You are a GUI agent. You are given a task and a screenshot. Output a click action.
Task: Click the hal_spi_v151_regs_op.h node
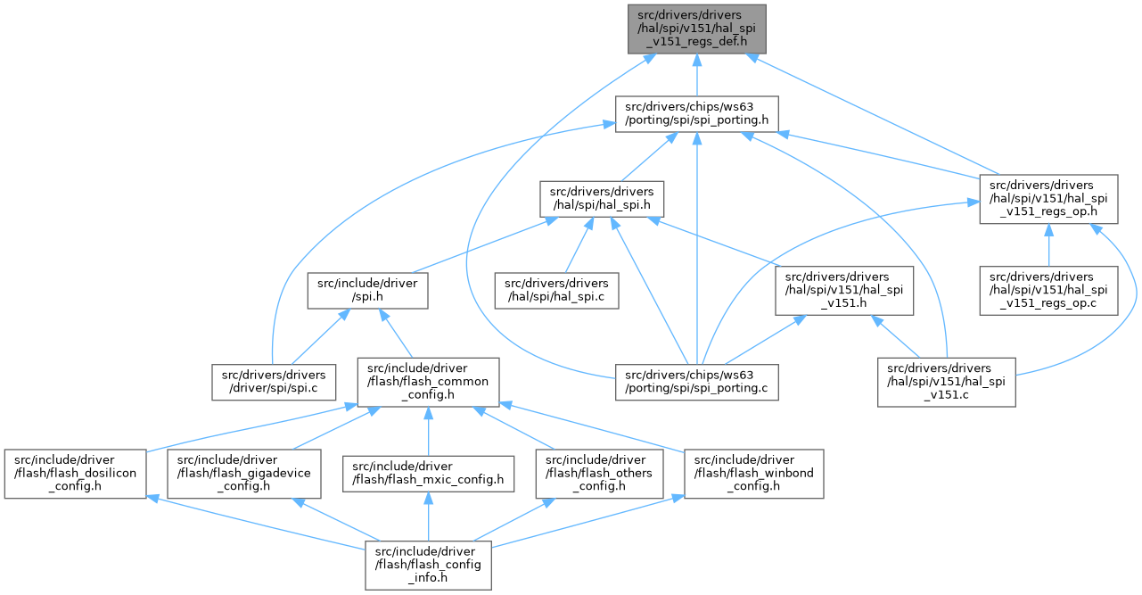tap(1048, 199)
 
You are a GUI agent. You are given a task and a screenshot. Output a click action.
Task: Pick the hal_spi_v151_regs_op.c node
tap(1048, 289)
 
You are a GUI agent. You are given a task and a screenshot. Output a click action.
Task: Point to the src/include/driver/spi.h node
tap(367, 289)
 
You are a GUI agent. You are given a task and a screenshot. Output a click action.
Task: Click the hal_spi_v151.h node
tap(843, 289)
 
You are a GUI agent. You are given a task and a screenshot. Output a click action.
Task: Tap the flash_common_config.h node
tap(428, 381)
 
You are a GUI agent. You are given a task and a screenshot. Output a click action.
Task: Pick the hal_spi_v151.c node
tap(946, 381)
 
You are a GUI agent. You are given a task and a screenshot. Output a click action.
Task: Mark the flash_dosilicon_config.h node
tap(75, 473)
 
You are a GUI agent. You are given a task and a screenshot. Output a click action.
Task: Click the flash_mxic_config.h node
tap(430, 473)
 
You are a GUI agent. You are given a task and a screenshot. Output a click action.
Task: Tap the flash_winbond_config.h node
tap(754, 473)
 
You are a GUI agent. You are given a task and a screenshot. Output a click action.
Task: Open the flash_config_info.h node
tap(429, 564)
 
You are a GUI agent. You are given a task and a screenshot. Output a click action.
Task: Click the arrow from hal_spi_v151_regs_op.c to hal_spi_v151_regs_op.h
tap(1048, 244)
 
